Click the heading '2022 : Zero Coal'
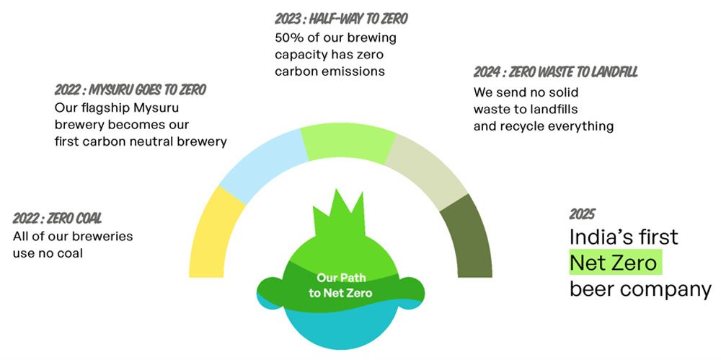[57, 218]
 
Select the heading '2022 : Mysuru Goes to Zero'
[130, 89]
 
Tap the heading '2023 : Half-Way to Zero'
[341, 19]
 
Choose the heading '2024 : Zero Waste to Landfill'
[555, 72]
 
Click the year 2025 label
[582, 214]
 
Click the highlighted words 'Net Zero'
[616, 263]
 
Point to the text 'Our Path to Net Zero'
[340, 286]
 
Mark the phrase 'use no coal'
[48, 253]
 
